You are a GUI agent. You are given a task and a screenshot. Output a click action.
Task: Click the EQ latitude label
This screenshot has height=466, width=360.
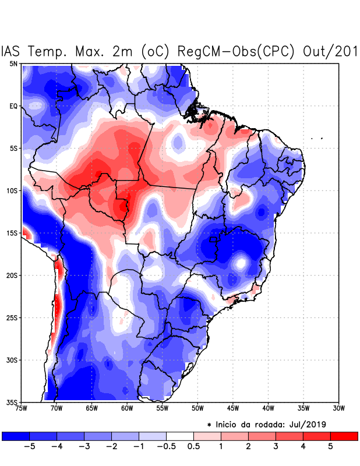pyautogui.click(x=13, y=106)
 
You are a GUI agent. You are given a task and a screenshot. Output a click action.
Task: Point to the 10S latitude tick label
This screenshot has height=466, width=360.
pyautogui.click(x=12, y=190)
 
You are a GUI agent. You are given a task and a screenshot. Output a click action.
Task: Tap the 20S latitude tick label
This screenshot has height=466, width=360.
pyautogui.click(x=12, y=275)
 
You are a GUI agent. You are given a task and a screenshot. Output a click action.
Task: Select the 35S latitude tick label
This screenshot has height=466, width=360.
pyautogui.click(x=12, y=402)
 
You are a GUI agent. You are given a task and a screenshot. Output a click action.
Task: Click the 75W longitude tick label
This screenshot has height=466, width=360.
pyautogui.click(x=22, y=408)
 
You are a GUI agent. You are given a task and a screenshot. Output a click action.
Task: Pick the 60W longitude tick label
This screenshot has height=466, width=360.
pyautogui.click(x=126, y=408)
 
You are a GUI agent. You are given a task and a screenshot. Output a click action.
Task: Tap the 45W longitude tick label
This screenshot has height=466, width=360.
pyautogui.click(x=232, y=408)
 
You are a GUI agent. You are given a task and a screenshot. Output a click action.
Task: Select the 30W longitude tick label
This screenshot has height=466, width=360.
pyautogui.click(x=338, y=408)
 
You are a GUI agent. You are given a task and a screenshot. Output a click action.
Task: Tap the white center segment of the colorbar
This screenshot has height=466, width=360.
pyautogui.click(x=180, y=436)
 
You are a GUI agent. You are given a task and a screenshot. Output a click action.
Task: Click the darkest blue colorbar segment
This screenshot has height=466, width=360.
pyautogui.click(x=16, y=436)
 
